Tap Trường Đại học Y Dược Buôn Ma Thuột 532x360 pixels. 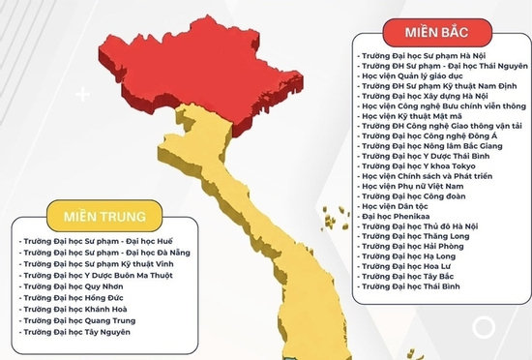pyautogui.click(x=96, y=275)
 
